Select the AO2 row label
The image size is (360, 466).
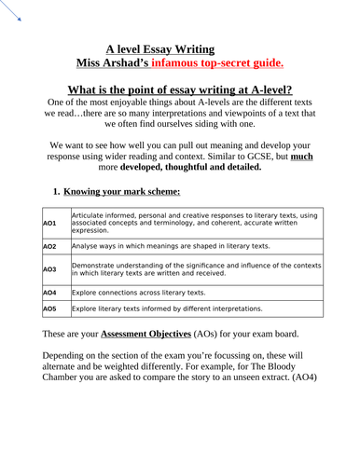click(x=49, y=246)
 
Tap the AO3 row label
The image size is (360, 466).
click(x=49, y=269)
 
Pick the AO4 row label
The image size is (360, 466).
click(x=49, y=293)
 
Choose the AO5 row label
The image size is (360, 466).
click(x=49, y=308)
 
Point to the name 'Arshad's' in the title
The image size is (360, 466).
click(x=141, y=62)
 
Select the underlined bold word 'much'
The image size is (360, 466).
click(x=300, y=158)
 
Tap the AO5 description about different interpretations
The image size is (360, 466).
click(x=167, y=308)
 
